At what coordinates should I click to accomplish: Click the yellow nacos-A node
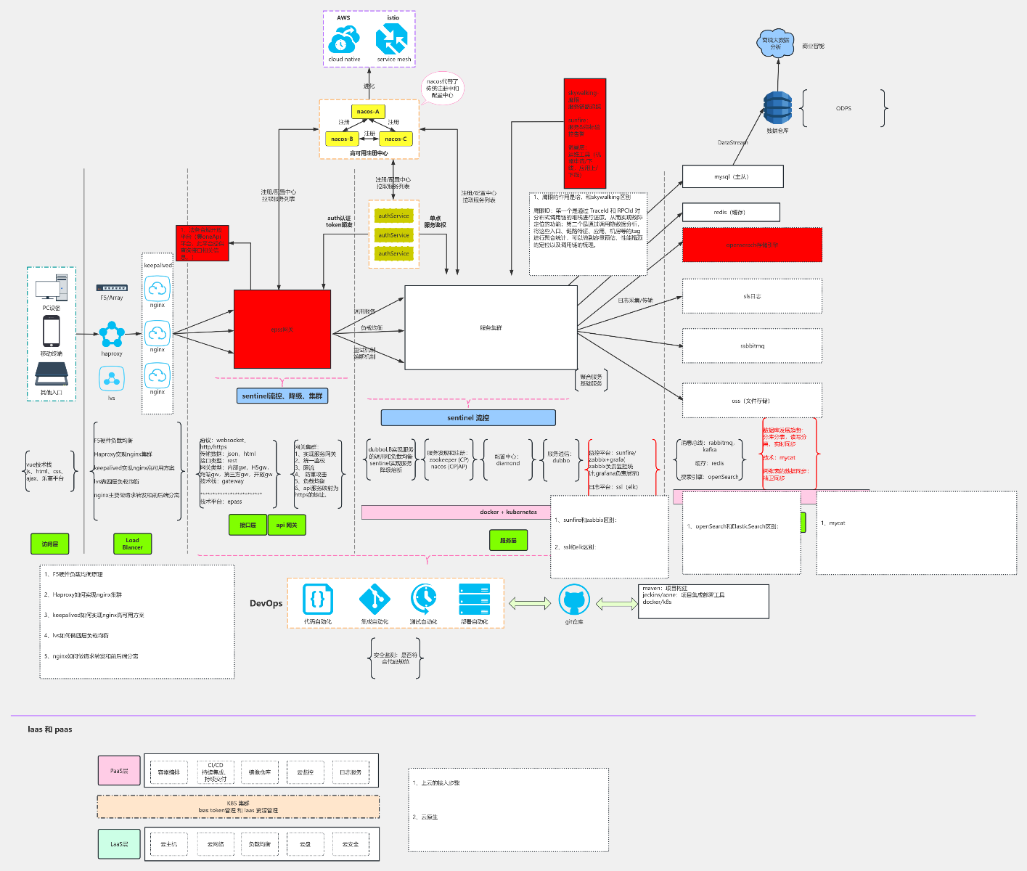point(368,112)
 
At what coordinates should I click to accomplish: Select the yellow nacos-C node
point(396,139)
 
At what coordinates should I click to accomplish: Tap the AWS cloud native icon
point(343,40)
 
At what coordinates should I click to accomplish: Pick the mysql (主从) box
point(732,176)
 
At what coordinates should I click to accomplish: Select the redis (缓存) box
point(730,212)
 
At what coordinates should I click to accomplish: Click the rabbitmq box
point(752,345)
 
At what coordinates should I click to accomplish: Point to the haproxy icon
point(112,335)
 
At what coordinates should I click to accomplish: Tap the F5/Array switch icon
point(112,288)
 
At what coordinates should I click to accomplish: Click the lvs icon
point(112,379)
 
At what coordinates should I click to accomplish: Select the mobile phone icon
point(51,332)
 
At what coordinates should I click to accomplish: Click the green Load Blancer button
point(132,544)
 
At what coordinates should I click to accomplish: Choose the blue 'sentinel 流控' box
point(468,417)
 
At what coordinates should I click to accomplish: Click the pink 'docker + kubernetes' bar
point(508,512)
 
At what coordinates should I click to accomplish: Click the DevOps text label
point(266,603)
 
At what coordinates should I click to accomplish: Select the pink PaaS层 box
point(119,771)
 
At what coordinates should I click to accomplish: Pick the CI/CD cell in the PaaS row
point(216,772)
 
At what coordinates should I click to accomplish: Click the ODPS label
point(843,108)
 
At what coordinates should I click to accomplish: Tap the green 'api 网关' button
point(287,525)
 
